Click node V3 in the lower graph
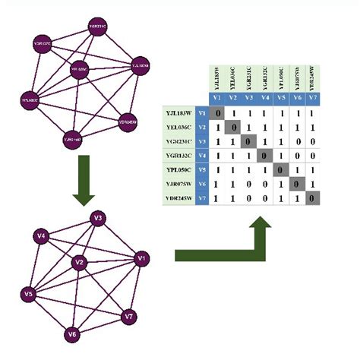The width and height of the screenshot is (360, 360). coord(97,219)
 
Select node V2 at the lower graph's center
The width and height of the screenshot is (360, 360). coord(77,262)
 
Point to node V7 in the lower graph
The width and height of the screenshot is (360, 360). coord(130,315)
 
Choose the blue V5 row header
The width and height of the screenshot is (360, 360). coord(201,170)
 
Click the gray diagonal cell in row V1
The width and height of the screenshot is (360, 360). coord(218,114)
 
